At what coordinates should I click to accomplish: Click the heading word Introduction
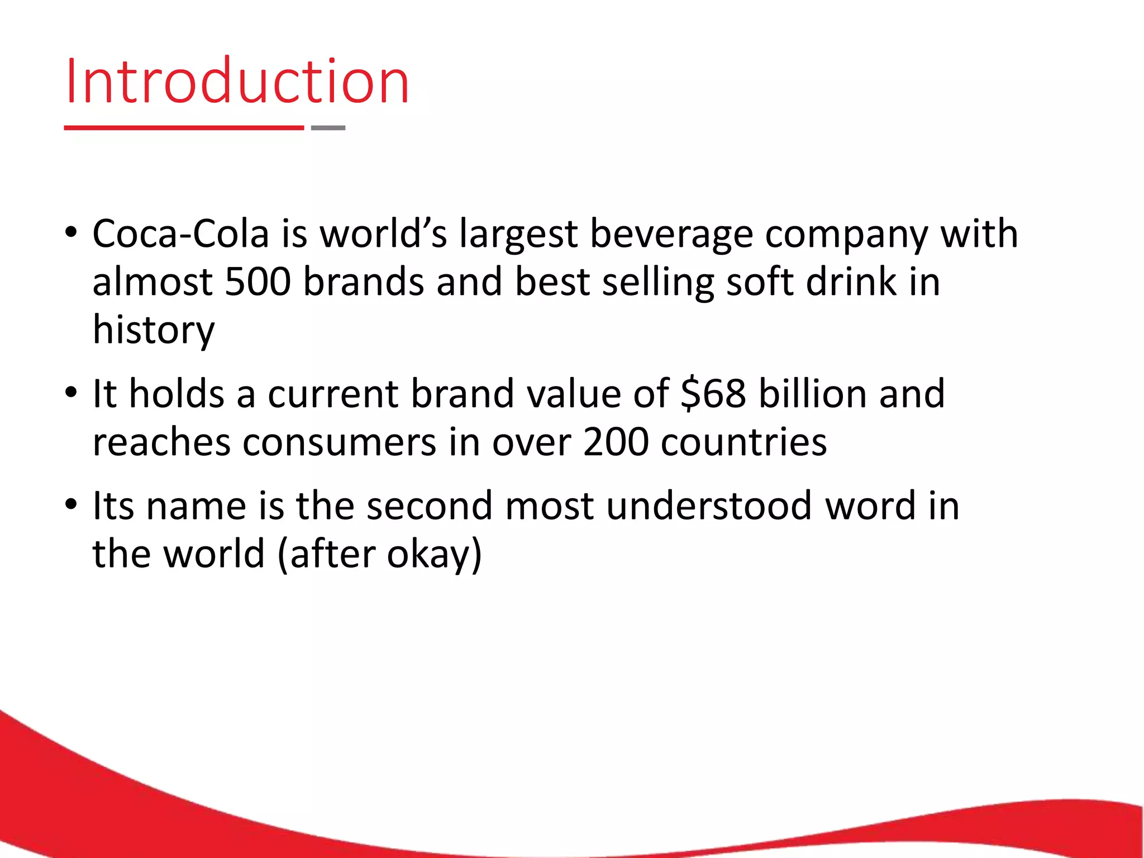(237, 82)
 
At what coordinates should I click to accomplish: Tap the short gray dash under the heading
(328, 128)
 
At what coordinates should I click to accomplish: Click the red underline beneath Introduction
(184, 128)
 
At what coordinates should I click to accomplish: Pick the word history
(154, 331)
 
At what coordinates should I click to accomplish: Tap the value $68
(713, 394)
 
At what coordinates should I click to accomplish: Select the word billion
(813, 394)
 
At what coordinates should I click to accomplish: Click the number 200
(616, 442)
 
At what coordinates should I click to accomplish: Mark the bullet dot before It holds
(70, 393)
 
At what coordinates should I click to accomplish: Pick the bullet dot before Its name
(70, 504)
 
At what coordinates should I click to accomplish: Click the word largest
(518, 235)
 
